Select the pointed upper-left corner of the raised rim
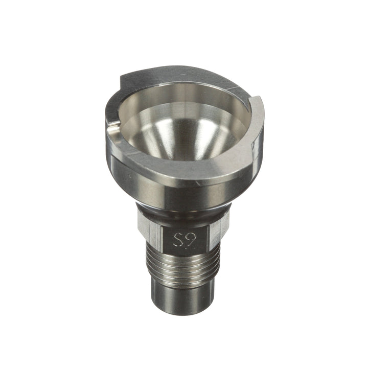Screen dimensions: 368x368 (x=121, y=78)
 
